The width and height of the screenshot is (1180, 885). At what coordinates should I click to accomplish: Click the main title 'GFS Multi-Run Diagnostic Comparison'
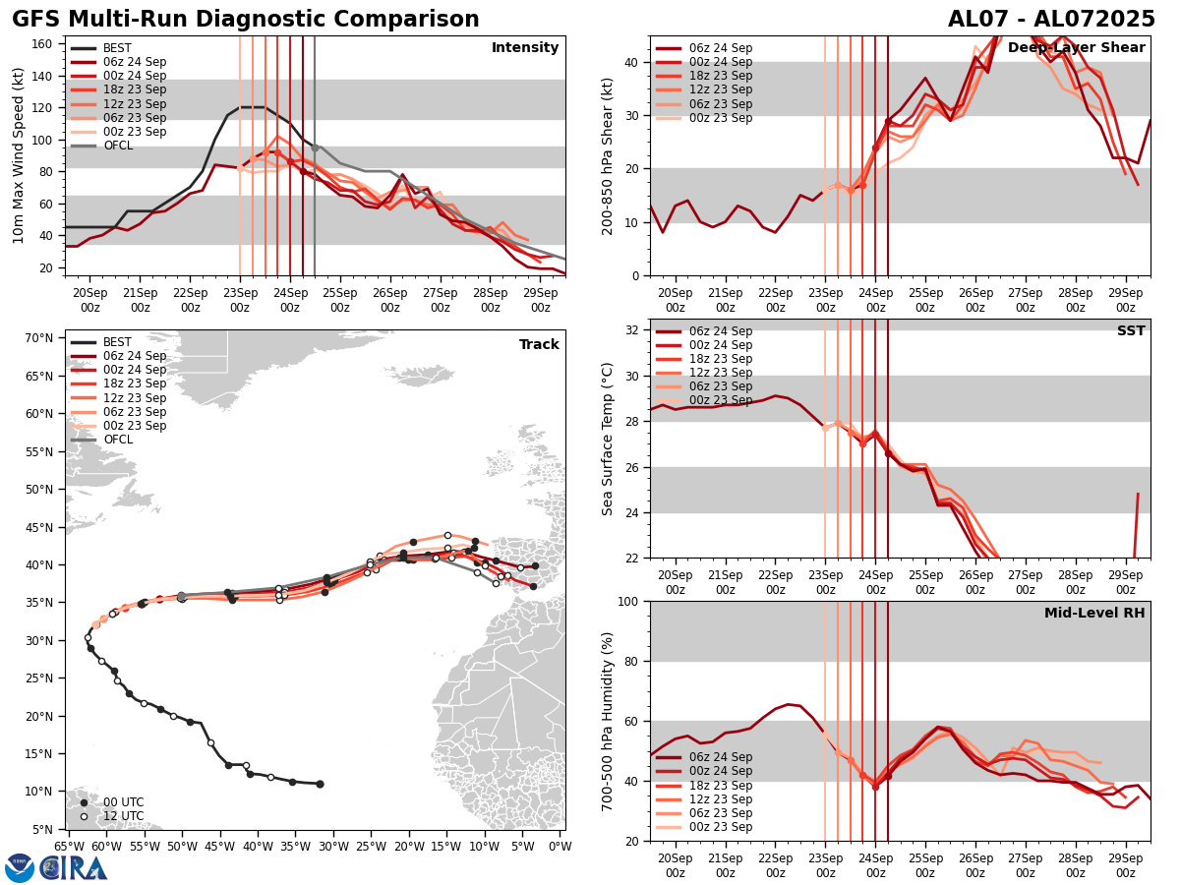[246, 20]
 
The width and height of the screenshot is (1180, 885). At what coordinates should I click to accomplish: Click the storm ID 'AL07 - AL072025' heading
[1051, 20]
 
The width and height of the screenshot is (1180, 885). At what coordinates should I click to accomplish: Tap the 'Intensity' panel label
[525, 48]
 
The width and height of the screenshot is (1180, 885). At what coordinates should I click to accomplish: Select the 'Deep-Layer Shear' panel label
[1076, 48]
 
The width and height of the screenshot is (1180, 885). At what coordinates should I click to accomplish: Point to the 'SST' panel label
[1131, 331]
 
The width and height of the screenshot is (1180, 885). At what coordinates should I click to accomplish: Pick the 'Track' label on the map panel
[539, 345]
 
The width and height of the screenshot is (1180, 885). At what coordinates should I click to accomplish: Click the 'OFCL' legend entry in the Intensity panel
[118, 146]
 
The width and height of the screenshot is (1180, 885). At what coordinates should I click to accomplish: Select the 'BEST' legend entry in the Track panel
[117, 342]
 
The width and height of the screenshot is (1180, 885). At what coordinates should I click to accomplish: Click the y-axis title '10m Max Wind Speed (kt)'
[19, 155]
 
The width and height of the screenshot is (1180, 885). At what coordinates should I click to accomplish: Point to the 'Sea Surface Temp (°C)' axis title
[608, 439]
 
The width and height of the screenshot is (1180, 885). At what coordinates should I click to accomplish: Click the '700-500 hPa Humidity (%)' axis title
[608, 721]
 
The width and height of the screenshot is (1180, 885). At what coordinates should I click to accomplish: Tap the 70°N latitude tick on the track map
[38, 338]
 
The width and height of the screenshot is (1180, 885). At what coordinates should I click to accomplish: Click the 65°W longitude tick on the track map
[69, 846]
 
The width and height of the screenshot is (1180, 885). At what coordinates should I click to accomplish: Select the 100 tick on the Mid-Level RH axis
[629, 601]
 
